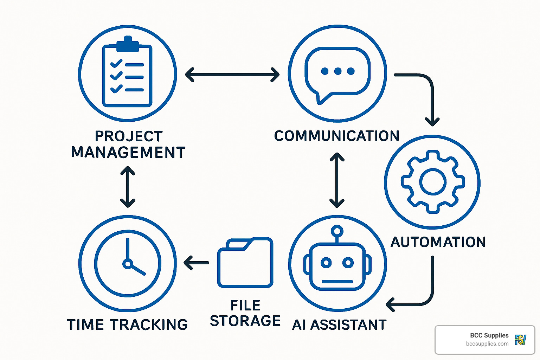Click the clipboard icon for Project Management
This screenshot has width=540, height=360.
[x=127, y=74]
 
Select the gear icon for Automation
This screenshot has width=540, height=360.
[x=433, y=182]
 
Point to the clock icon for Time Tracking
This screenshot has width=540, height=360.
[x=128, y=263]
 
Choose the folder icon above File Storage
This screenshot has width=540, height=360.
[x=245, y=263]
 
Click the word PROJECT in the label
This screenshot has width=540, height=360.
[x=129, y=136]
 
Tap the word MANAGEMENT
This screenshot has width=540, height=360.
[x=128, y=153]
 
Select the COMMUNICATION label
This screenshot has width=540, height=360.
[x=336, y=136]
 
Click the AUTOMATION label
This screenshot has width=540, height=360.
[x=438, y=242]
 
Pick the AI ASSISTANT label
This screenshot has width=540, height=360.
[x=339, y=325]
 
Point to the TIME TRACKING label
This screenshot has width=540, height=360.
[x=127, y=325]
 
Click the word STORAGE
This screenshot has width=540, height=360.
[x=245, y=321]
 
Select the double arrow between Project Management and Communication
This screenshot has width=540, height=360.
[x=232, y=75]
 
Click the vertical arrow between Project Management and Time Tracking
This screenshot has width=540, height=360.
[x=128, y=187]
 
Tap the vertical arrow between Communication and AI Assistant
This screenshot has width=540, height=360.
[x=337, y=180]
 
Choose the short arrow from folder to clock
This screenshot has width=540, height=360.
[x=197, y=263]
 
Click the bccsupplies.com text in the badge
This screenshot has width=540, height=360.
[x=487, y=344]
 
